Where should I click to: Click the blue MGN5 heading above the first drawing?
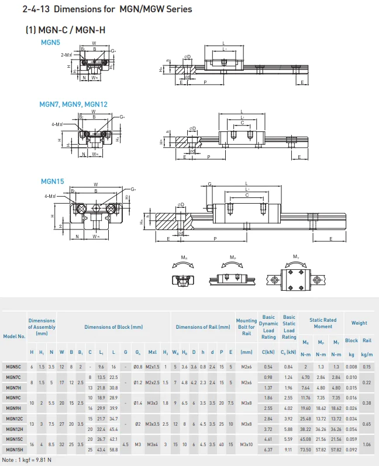(50, 43)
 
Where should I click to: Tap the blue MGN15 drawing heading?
(51, 182)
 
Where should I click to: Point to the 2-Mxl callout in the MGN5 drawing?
(67, 54)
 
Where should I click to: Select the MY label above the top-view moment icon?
(294, 256)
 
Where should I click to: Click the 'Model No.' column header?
(14, 336)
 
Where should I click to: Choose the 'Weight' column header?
(359, 323)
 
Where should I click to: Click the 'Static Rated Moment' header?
(323, 323)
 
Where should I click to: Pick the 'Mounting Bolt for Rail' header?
(246, 327)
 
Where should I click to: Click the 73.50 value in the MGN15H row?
(305, 450)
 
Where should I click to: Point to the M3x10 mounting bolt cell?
(246, 445)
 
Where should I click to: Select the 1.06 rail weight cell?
(367, 445)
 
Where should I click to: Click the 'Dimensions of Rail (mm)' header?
(203, 327)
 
